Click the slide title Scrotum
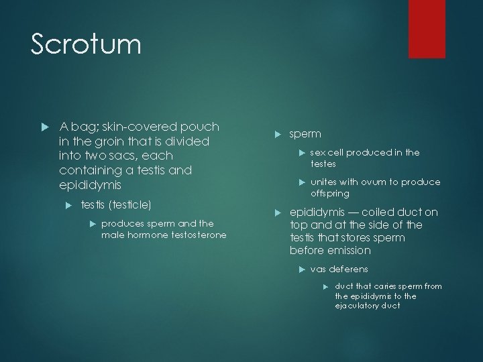(87, 45)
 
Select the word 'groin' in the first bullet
(115, 141)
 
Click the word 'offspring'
(329, 193)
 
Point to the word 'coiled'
(376, 212)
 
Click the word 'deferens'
(349, 269)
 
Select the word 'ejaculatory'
(363, 306)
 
